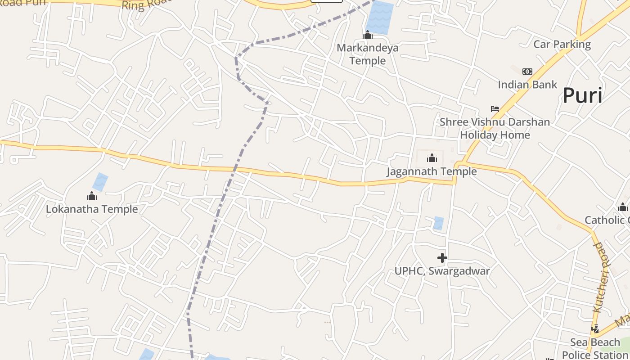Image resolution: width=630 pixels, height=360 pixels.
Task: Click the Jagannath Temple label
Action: point(432,171)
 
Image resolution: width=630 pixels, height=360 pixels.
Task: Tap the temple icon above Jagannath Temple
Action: point(432,158)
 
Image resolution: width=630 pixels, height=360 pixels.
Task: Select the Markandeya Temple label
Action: point(368,54)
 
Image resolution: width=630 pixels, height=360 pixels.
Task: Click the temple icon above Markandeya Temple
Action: point(368,35)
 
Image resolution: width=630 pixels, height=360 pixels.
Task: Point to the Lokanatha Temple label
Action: point(92,209)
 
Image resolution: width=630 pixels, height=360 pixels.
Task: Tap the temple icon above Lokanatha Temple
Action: point(92,196)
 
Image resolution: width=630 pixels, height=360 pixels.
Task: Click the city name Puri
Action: point(582,95)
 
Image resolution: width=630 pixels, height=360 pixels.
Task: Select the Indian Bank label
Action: point(527,85)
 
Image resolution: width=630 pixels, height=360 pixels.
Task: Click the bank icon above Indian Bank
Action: point(527,72)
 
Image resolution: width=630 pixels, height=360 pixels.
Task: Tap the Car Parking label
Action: point(562,44)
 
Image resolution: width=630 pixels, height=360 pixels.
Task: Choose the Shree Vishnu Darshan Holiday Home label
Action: point(495,128)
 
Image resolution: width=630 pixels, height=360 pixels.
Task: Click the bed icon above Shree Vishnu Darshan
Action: point(495,109)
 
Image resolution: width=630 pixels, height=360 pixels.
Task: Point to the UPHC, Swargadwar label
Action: point(442,271)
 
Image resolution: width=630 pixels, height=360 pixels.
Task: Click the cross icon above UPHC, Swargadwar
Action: point(442,258)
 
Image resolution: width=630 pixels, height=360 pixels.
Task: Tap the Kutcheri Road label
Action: point(601,277)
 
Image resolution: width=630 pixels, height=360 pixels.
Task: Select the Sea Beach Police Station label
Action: point(595,348)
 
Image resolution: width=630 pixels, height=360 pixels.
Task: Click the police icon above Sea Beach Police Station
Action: point(595,329)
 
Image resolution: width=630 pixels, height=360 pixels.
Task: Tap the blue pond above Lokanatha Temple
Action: point(100,182)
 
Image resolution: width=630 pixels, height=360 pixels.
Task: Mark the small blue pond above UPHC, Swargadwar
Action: point(438,223)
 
